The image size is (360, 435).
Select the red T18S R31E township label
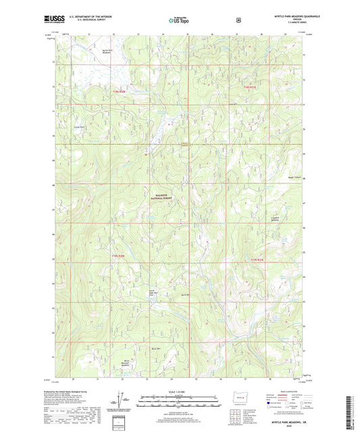[x=251, y=86]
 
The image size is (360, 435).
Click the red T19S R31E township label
[x=258, y=259]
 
